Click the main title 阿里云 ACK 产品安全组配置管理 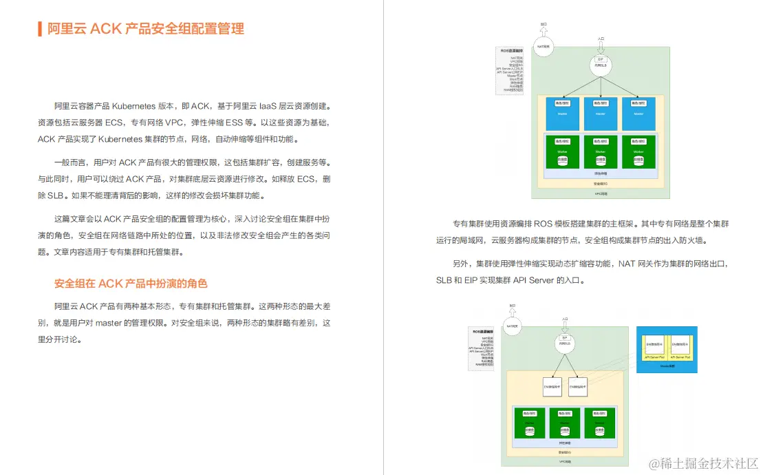pos(145,29)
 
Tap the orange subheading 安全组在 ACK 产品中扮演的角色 pos(131,284)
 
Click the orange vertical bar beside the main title pos(40,29)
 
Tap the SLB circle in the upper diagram pos(601,64)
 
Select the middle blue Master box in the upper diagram pos(600,113)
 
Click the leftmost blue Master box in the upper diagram pos(561,113)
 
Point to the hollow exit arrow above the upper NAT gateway pos(543,28)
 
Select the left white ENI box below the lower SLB pos(552,388)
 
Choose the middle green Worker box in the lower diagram pos(560,424)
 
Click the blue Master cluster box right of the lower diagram pos(667,349)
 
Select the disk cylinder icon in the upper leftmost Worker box pos(561,160)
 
